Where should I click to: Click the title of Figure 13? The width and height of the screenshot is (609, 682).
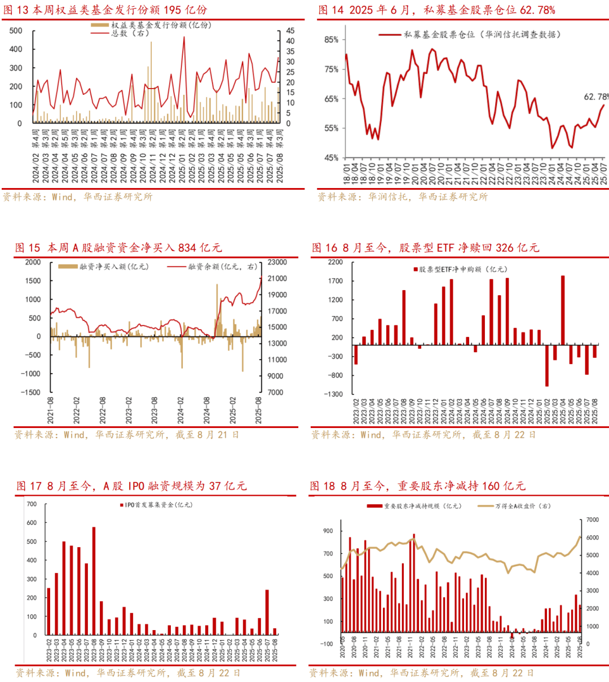[105, 10]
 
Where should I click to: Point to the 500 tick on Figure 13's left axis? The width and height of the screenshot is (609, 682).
[16, 31]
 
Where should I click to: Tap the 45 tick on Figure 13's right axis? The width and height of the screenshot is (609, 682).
[290, 31]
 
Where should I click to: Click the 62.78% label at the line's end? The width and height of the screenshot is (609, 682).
[595, 97]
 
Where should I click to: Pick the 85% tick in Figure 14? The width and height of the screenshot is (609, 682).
[331, 40]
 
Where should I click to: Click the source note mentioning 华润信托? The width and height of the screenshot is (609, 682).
[403, 196]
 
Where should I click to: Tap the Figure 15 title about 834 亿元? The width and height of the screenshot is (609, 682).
[118, 247]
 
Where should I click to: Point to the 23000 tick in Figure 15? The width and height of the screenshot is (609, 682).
[277, 263]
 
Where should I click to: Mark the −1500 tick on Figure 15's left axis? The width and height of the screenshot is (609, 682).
[31, 392]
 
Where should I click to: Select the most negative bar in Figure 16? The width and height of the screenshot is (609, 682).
[547, 365]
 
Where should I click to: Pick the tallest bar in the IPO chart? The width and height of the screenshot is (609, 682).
[94, 581]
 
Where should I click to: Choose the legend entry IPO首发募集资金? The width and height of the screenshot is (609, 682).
[156, 505]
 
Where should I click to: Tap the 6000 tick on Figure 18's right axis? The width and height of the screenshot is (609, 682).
[592, 538]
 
